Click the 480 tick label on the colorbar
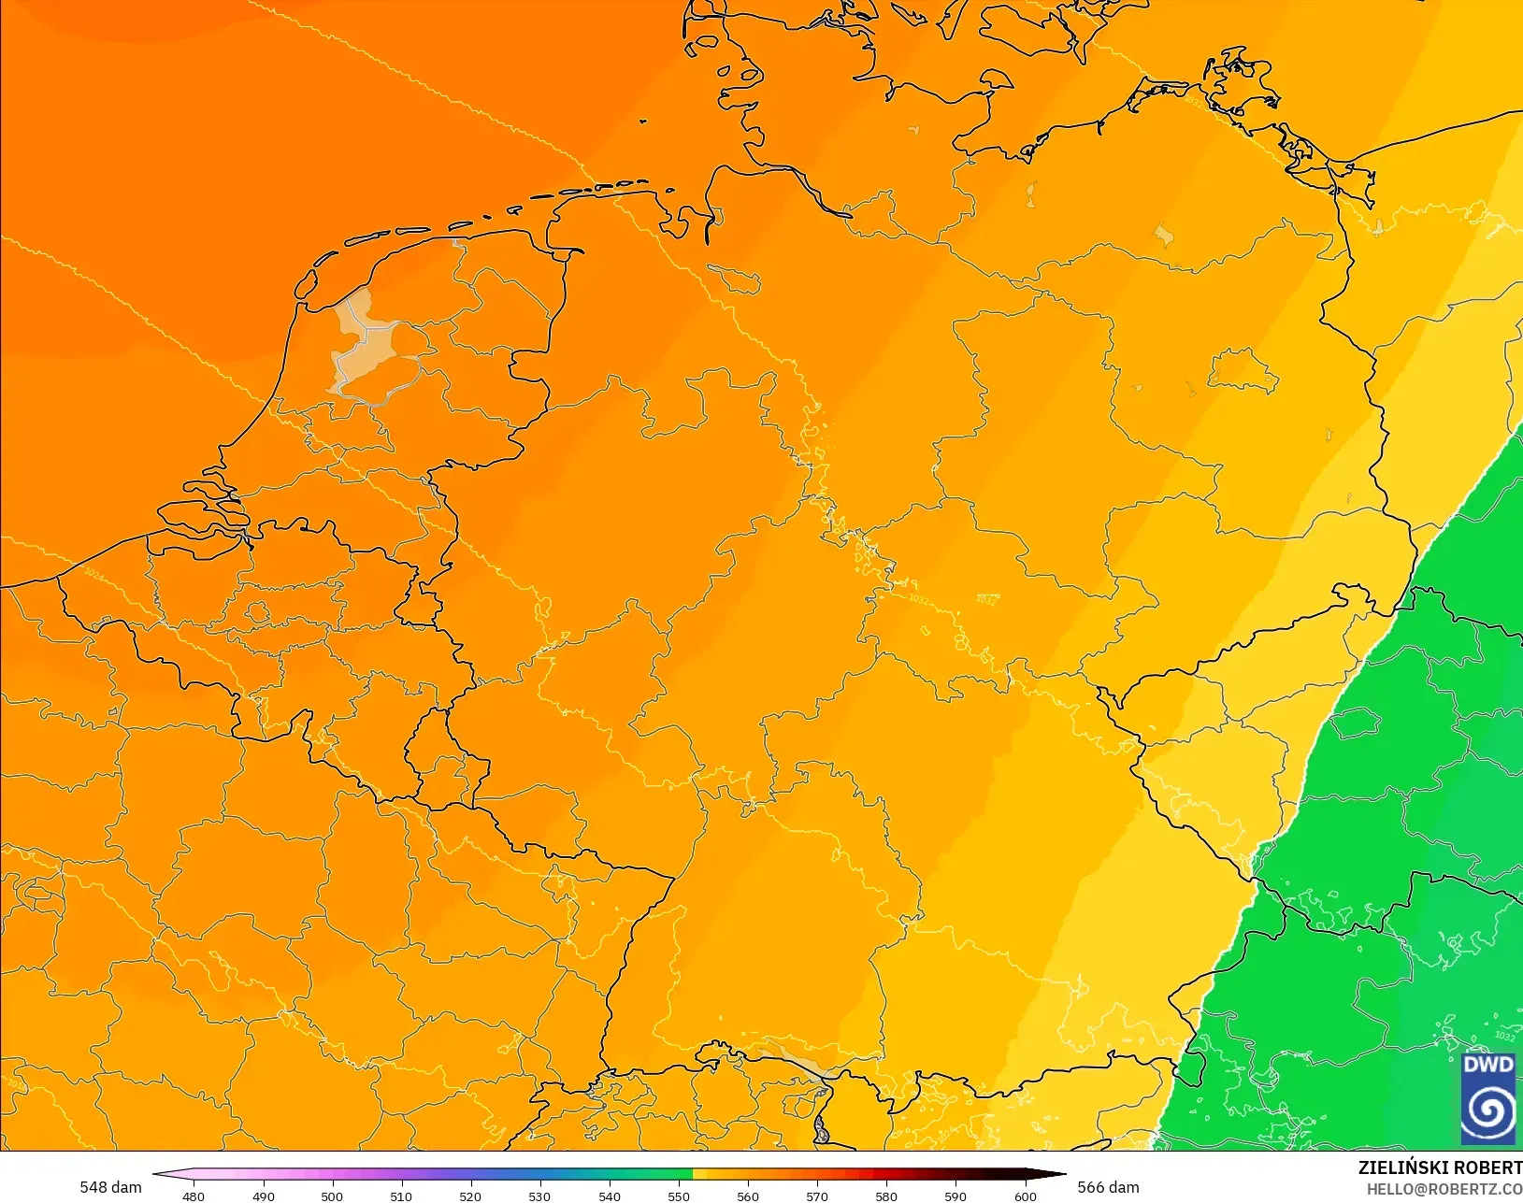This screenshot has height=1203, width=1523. click(194, 1196)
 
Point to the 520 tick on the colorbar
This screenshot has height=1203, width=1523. click(470, 1196)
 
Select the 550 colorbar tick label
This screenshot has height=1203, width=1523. click(679, 1196)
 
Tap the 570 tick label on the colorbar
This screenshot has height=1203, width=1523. click(817, 1196)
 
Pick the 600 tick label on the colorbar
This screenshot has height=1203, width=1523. click(1026, 1196)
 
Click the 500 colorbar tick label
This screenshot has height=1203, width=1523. click(332, 1196)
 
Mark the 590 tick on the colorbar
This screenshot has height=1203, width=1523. click(955, 1196)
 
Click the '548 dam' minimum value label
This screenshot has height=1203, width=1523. click(110, 1187)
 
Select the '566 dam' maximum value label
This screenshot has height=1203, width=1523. click(1108, 1187)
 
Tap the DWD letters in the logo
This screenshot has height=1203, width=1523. click(1487, 1066)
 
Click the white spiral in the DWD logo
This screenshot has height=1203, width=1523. click(1487, 1111)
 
